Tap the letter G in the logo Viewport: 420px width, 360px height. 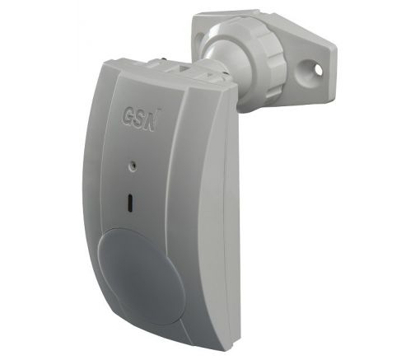127,117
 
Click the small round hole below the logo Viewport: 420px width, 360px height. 133,165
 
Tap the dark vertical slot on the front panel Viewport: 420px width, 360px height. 131,203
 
